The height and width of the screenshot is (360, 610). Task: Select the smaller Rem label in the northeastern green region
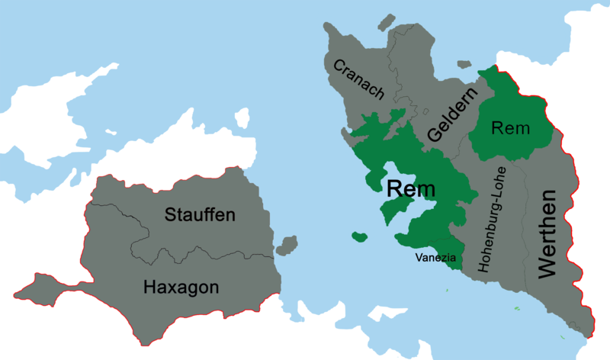point(510,128)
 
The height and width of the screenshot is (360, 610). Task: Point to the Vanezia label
point(435,258)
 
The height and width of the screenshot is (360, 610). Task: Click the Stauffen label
point(200,215)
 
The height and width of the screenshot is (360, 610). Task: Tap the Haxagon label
point(181,287)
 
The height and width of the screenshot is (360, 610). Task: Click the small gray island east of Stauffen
point(287,246)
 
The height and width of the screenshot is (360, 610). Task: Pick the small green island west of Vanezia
point(359,237)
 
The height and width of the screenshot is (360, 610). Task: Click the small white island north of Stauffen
point(242,118)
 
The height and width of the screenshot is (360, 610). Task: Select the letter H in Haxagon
point(149,287)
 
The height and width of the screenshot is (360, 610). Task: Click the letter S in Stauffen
point(171,215)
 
